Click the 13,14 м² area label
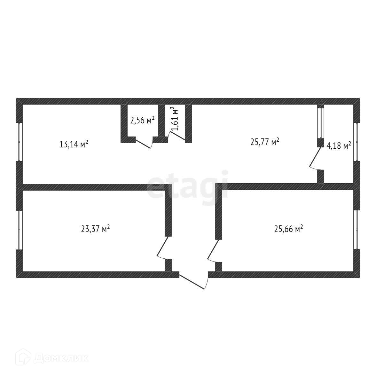[74, 144]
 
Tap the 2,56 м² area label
[142, 120]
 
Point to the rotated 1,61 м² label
[175, 119]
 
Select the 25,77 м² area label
[265, 142]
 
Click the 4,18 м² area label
[339, 146]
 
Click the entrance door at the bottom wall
[193, 281]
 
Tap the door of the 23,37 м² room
[162, 248]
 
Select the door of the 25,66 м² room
[213, 250]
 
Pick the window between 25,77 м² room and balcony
[320, 122]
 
